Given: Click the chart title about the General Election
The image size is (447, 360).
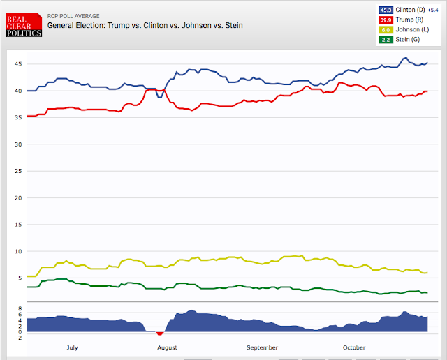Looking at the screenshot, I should pyautogui.click(x=145, y=25).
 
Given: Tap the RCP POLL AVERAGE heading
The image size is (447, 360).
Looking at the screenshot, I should pyautogui.click(x=75, y=15).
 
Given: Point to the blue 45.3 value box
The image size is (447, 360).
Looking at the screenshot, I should pyautogui.click(x=386, y=10).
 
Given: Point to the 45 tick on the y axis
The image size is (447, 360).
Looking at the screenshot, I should pyautogui.click(x=20, y=64).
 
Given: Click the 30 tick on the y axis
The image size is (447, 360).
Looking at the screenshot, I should pyautogui.click(x=20, y=144).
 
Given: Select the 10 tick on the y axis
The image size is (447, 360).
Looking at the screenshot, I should pyautogui.click(x=20, y=251).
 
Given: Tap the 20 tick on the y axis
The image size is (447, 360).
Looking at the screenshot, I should pyautogui.click(x=20, y=197).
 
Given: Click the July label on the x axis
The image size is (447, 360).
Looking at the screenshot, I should pyautogui.click(x=73, y=347).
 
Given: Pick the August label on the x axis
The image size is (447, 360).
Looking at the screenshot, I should pyautogui.click(x=167, y=347).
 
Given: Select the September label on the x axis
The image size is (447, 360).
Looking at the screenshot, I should pyautogui.click(x=262, y=347).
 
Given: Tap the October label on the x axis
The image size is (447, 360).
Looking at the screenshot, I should pyautogui.click(x=354, y=347).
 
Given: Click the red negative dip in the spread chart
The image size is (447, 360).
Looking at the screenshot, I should pyautogui.click(x=160, y=333).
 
